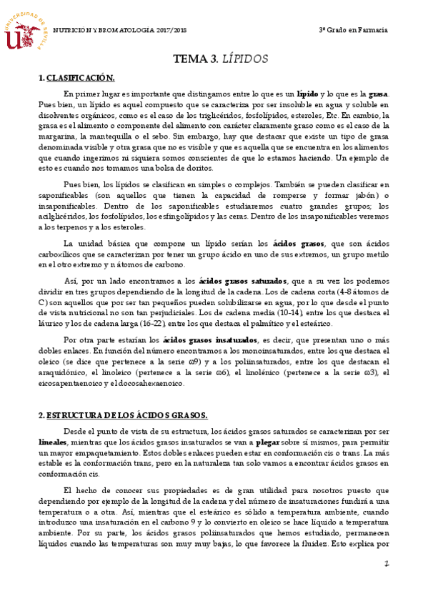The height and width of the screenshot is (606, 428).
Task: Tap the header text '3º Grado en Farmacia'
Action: pos(353,30)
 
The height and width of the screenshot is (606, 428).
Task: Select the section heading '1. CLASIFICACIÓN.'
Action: pos(76,78)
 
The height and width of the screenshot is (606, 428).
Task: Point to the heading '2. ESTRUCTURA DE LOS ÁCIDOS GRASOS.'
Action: pos(123,415)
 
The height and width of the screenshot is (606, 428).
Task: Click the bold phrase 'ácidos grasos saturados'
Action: pos(242,281)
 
